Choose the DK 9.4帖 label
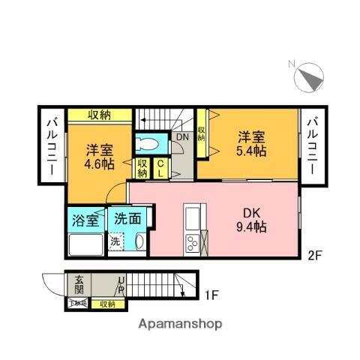pyautogui.click(x=252, y=220)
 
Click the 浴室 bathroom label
pyautogui.click(x=85, y=220)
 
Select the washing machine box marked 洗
pyautogui.click(x=115, y=242)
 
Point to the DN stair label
pyautogui.click(x=183, y=137)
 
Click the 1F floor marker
pyautogui.click(x=211, y=294)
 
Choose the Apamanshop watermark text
pyautogui.click(x=180, y=325)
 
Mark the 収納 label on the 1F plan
pyautogui.click(x=107, y=304)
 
